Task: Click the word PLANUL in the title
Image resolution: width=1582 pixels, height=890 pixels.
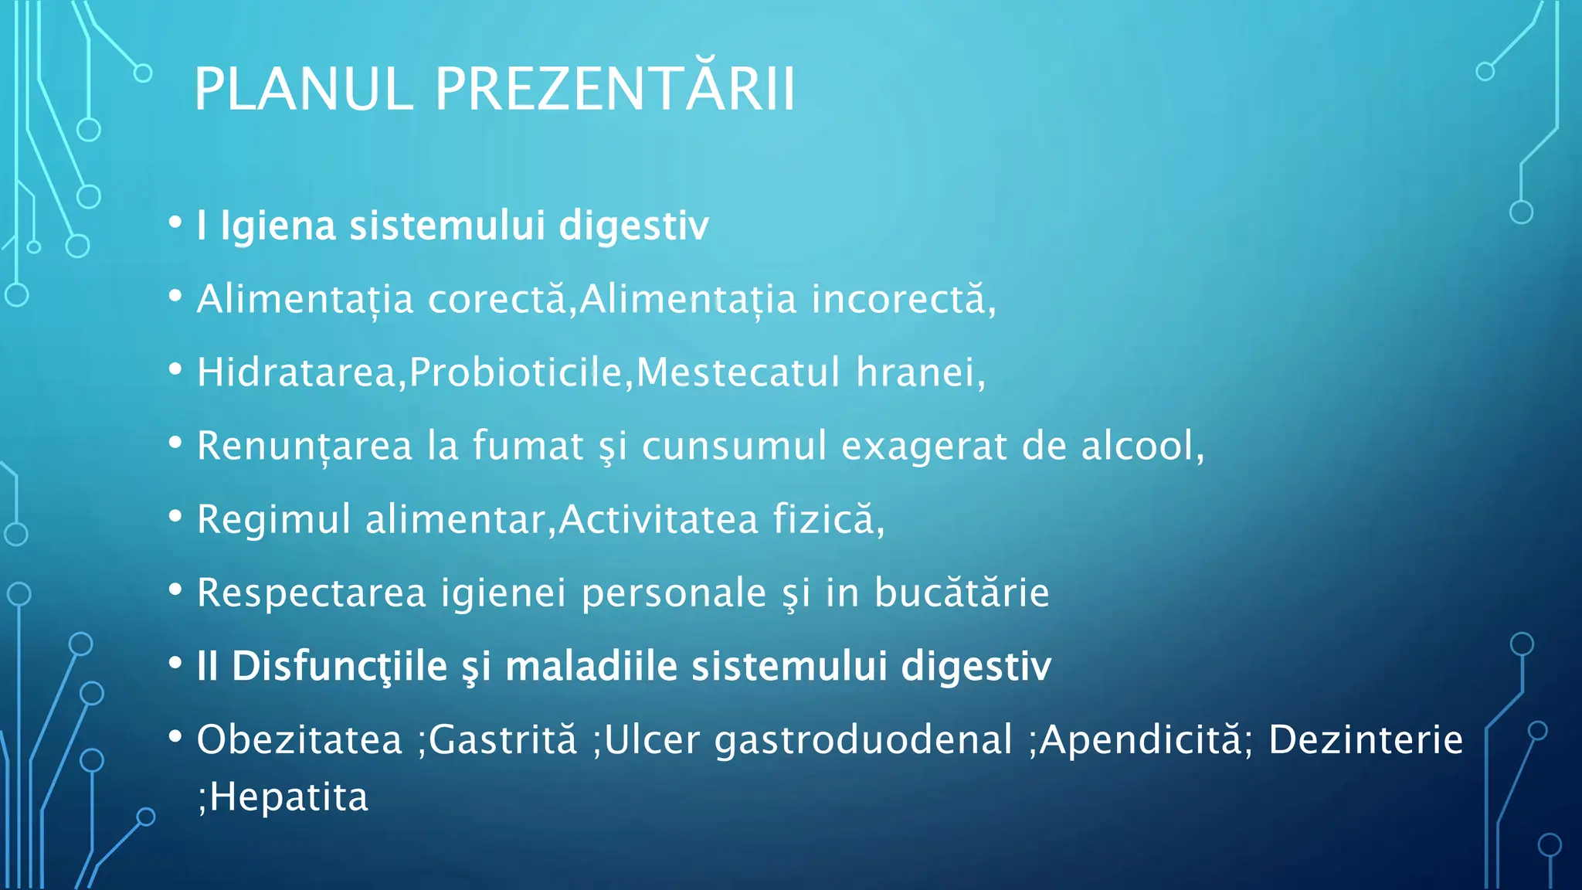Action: (x=304, y=90)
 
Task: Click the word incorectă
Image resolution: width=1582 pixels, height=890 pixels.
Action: (x=898, y=300)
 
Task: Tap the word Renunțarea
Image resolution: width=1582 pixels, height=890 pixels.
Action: (x=304, y=447)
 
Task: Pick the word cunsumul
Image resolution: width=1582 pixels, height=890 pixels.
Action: (x=734, y=447)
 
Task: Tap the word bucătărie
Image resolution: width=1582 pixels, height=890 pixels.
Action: (x=962, y=593)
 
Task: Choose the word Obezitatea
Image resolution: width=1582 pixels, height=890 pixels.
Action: (x=300, y=739)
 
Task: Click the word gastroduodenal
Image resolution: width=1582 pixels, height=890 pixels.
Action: (x=863, y=740)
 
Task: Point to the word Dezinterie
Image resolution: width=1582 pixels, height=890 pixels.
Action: (x=1365, y=739)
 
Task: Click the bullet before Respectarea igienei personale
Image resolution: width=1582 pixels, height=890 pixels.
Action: (x=175, y=590)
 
